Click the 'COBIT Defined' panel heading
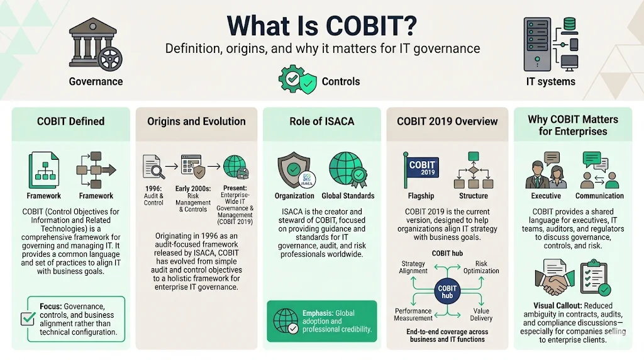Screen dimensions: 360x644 (71, 121)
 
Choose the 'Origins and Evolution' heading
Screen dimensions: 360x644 (196, 121)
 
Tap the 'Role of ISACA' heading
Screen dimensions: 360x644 (321, 121)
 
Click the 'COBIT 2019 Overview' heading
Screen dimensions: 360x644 (447, 121)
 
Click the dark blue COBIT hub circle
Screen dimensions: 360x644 (447, 293)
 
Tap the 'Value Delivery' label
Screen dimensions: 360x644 (481, 315)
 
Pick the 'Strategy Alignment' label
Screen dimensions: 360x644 (413, 267)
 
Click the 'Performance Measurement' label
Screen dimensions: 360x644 (413, 315)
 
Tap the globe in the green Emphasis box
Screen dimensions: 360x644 (285, 321)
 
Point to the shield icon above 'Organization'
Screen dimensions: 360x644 (294, 170)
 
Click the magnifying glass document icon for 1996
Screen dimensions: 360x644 (153, 167)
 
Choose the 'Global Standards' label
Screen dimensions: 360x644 (348, 196)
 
